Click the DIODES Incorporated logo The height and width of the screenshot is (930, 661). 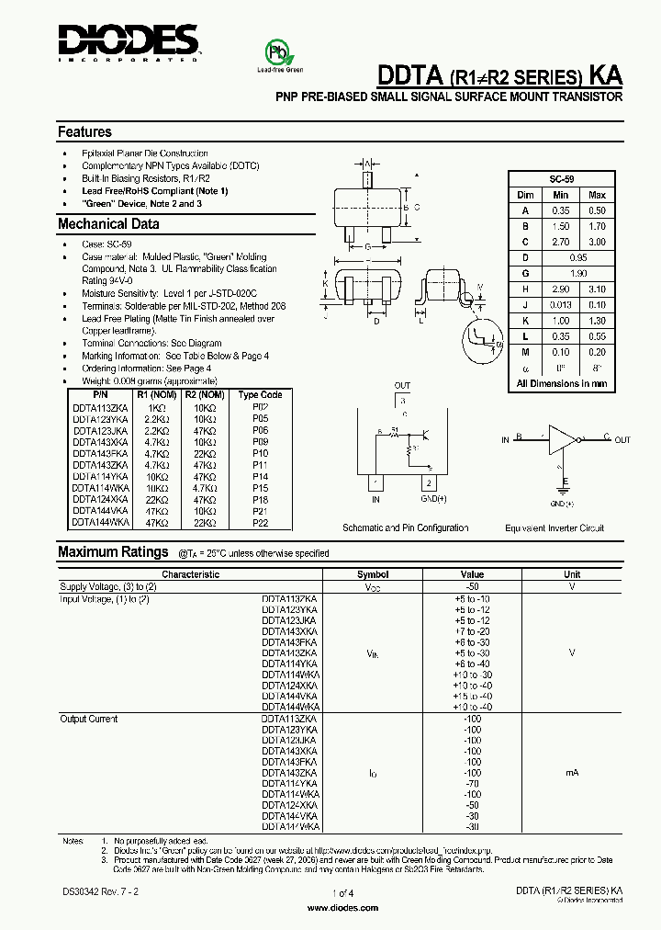[x=129, y=42]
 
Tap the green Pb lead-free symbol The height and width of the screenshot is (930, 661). [x=274, y=51]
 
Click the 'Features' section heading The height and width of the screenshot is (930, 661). [x=84, y=132]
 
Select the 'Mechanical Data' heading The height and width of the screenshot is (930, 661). [x=108, y=224]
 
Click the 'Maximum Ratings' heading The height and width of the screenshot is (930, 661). [x=113, y=552]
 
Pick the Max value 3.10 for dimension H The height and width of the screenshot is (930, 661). [x=597, y=289]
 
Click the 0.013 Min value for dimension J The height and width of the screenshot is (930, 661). [x=561, y=305]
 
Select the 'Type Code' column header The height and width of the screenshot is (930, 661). [x=260, y=394]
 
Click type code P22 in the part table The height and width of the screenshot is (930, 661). [x=260, y=523]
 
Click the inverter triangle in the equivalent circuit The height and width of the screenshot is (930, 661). [x=561, y=438]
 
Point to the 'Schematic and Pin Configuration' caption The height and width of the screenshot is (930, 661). [x=405, y=528]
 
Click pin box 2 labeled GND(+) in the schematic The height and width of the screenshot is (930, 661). [x=427, y=483]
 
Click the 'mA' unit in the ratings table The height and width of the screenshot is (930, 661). [x=571, y=774]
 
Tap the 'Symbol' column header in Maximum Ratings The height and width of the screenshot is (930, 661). [x=372, y=574]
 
